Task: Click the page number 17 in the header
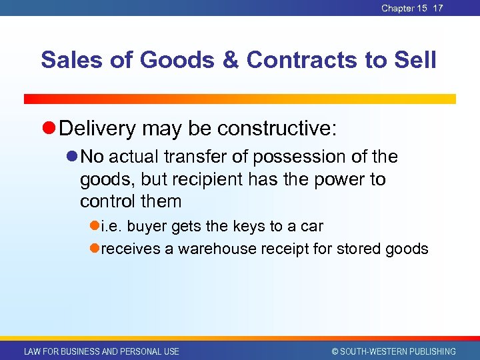[438, 8]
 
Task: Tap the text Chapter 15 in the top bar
[404, 8]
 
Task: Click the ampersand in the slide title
[228, 60]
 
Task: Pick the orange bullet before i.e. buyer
[95, 227]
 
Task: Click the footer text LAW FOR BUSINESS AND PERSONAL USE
[101, 351]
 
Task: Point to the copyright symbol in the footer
[335, 351]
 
